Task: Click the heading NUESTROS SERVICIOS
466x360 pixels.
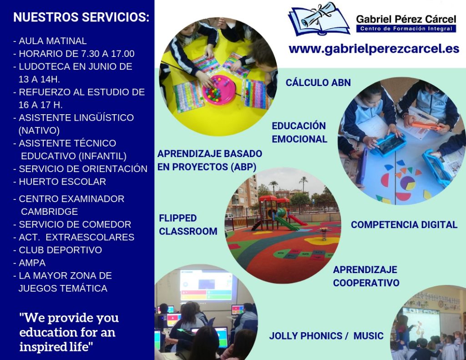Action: pos(81,17)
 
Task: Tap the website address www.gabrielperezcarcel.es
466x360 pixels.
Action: pos(374,49)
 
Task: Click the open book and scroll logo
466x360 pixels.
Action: pos(319,19)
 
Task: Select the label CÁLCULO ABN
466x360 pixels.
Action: pos(318,82)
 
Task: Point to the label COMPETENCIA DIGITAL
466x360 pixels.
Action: pos(404,225)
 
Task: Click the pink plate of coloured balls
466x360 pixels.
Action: pos(219,90)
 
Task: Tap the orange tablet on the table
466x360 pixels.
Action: pos(426,126)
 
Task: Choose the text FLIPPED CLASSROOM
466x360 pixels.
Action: pos(188,225)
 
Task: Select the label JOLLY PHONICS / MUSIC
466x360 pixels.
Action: pos(326,335)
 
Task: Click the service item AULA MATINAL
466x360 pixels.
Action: pos(50,41)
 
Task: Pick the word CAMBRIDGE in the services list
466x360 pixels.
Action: pos(49,212)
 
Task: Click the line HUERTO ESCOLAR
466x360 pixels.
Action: pos(60,182)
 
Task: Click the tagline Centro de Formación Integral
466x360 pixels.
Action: pos(406,29)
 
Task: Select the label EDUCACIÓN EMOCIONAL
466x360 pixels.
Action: pos(299,132)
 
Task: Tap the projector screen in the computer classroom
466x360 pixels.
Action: pos(206,285)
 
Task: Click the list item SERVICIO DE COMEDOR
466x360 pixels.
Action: pos(72,224)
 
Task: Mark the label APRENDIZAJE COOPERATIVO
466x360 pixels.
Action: pos(366,276)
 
